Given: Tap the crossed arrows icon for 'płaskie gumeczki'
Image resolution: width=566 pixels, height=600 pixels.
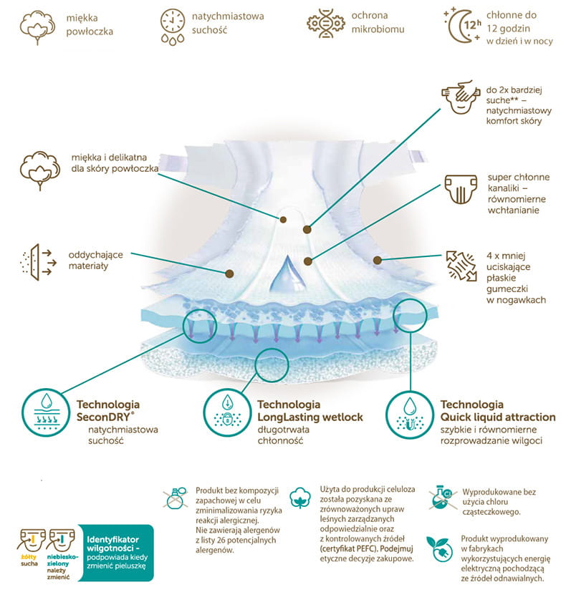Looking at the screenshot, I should pos(461,267).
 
